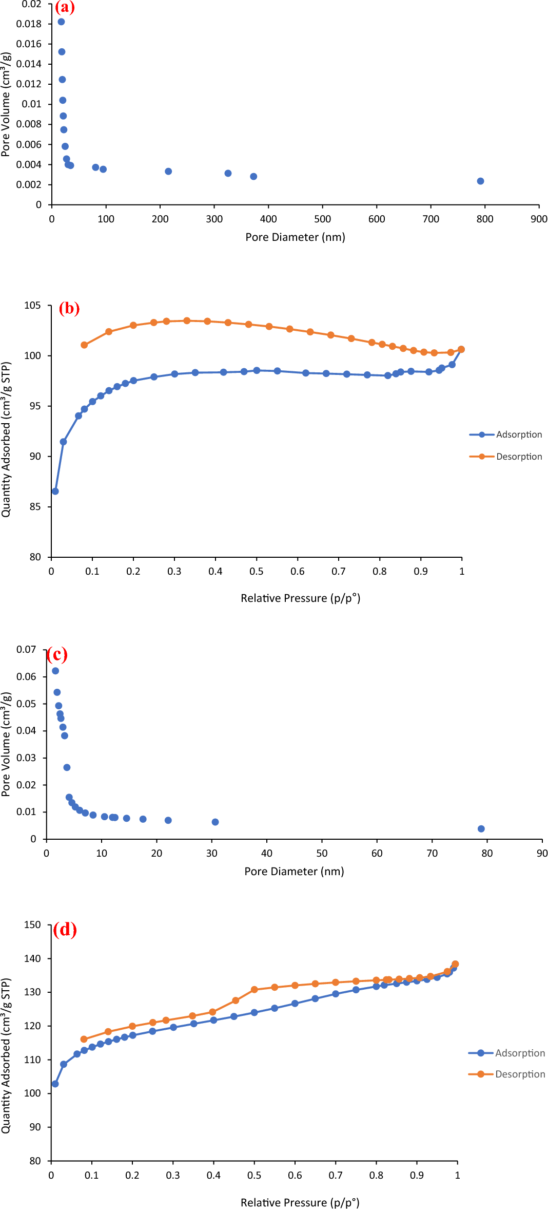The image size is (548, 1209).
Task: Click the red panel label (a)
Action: point(65,7)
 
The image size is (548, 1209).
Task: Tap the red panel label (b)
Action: point(69,308)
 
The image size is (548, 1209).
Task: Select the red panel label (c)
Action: point(57,654)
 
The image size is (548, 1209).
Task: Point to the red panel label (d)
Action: point(65,930)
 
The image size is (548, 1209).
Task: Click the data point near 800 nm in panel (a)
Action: point(480,181)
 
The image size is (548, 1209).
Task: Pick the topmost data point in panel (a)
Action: point(61,22)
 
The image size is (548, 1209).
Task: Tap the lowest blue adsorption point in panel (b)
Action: point(55,492)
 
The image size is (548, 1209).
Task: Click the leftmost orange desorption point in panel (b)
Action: point(84,345)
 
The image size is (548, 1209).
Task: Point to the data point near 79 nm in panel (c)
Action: point(481,829)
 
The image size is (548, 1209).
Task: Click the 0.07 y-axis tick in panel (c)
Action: point(26,650)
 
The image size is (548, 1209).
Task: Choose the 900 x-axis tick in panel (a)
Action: point(539,219)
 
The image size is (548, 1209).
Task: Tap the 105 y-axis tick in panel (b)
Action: point(32,306)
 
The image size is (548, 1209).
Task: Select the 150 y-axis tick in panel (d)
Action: point(32,925)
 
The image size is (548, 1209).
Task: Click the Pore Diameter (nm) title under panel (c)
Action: point(294,872)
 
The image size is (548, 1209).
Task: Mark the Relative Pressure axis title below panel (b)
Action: point(300,598)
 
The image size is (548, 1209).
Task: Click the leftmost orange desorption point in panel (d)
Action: point(84,1039)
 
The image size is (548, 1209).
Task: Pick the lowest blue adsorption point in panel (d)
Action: point(55,1084)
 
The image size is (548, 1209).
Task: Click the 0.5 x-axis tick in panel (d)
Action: point(254,1175)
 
